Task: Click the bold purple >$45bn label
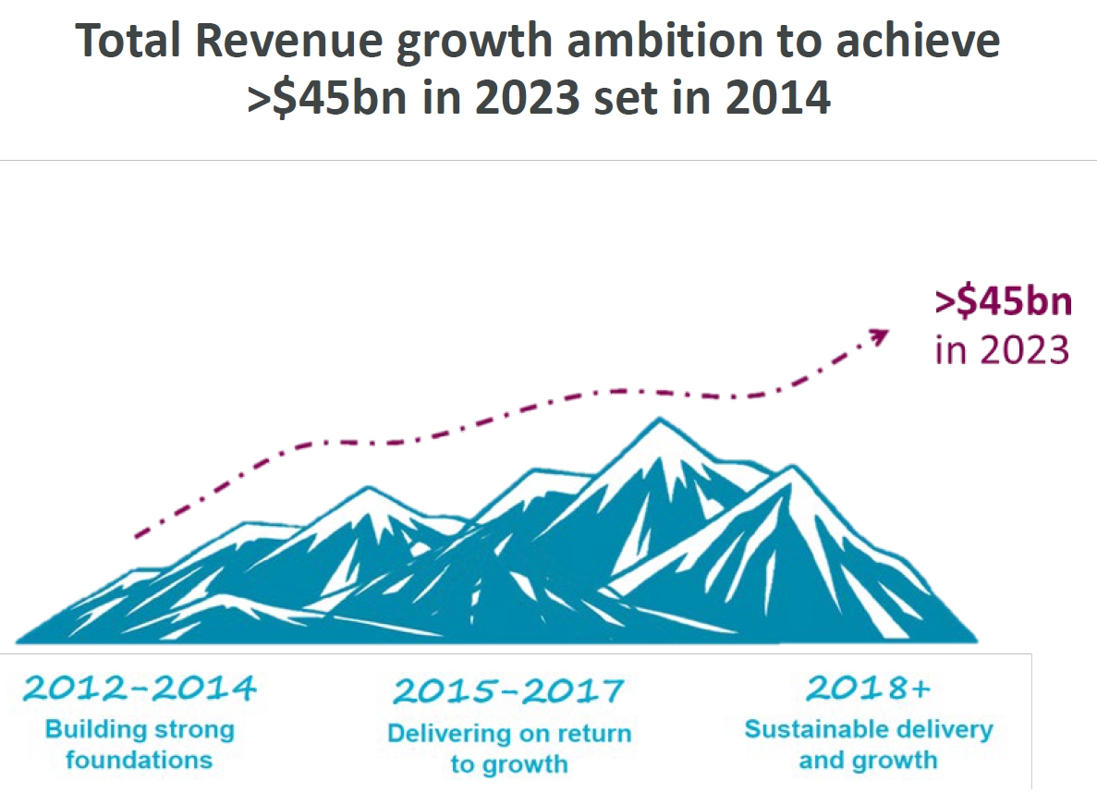coord(1003,304)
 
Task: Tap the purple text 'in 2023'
coord(1002,351)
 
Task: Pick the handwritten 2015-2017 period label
coord(508,689)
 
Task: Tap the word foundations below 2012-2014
coord(140,761)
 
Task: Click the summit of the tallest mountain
coord(659,421)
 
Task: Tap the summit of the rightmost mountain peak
coord(792,469)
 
